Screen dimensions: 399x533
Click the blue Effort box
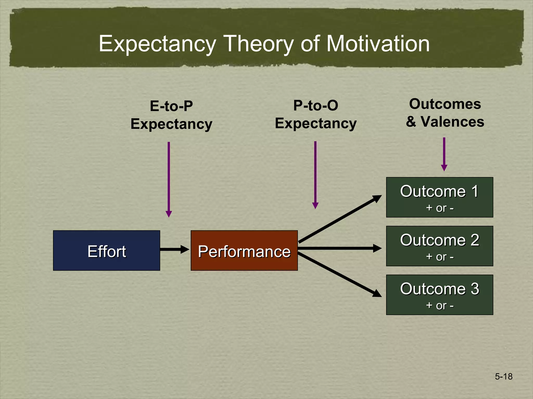point(106,250)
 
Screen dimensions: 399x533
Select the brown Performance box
point(244,250)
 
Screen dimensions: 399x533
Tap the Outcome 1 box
point(440,197)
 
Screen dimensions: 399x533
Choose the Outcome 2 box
point(440,246)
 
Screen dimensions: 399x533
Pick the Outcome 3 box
point(440,295)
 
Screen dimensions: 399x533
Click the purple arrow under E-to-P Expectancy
point(169,179)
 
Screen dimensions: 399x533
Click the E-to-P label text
point(171,106)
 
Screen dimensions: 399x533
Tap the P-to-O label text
point(315,105)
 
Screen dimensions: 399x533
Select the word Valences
point(452,122)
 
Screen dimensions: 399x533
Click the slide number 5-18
point(504,376)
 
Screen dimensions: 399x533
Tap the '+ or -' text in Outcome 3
point(440,305)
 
